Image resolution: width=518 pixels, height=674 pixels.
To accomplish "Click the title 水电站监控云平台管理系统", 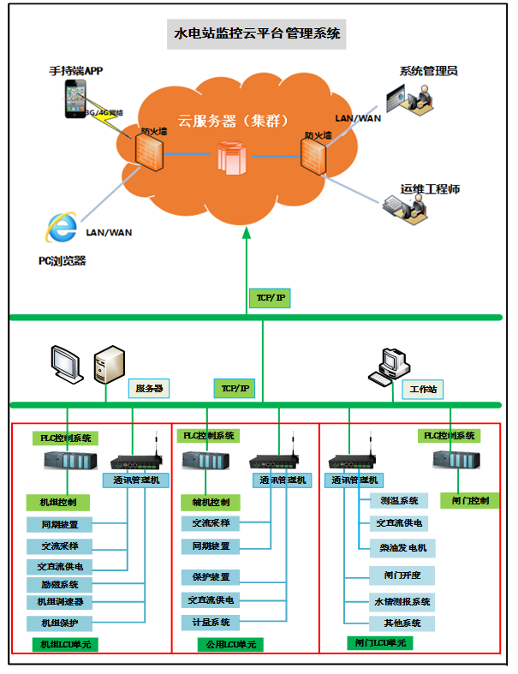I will click(x=258, y=34).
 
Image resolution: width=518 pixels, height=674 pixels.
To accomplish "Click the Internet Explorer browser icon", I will click(x=61, y=227).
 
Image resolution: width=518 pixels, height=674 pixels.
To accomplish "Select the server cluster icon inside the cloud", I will click(x=230, y=156).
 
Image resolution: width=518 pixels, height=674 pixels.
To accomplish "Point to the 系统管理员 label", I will click(x=429, y=71).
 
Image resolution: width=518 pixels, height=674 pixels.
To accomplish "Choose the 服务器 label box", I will click(x=148, y=389).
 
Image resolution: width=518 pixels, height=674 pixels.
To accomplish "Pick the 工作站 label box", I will click(x=423, y=389).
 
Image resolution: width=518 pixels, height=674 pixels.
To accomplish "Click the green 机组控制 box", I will click(x=58, y=502).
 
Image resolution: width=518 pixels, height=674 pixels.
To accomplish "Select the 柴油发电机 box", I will click(x=397, y=547).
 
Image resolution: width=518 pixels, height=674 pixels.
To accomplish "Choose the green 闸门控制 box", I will click(x=470, y=500).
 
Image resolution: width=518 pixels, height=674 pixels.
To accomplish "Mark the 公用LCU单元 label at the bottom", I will click(x=229, y=644).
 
